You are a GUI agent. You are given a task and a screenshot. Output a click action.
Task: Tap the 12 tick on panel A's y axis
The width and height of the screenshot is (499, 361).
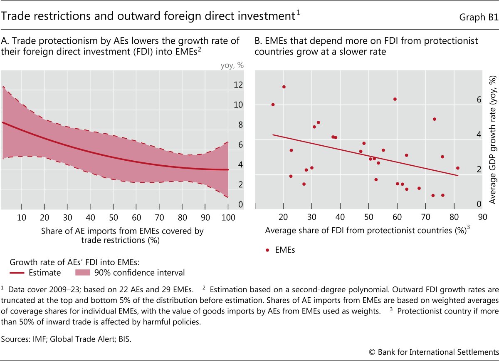238,85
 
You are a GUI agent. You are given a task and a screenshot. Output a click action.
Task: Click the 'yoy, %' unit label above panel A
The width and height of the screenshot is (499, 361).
232,65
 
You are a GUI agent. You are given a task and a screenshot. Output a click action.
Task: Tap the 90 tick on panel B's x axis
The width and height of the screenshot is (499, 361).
482,217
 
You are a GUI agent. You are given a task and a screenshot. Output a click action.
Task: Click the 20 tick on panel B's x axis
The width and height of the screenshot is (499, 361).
283,217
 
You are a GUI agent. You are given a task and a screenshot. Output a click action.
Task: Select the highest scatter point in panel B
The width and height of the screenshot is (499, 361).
284,87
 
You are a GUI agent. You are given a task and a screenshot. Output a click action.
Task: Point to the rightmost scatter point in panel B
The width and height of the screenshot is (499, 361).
457,168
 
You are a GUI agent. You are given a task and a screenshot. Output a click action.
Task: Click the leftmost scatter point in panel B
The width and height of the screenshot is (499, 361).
273,105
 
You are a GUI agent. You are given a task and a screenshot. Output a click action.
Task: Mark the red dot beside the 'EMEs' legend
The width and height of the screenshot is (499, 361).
267,250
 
